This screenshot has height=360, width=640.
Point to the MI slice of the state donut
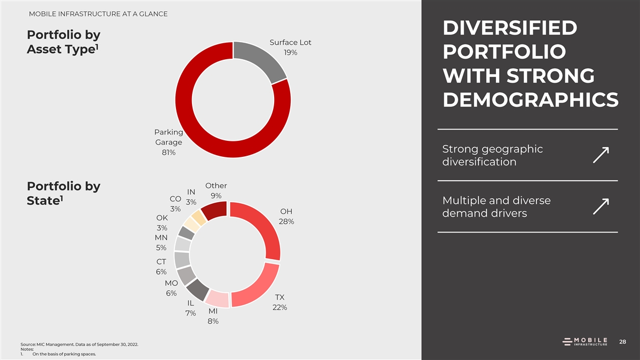[217, 299]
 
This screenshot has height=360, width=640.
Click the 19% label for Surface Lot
[291, 53]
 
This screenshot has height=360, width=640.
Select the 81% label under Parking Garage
[169, 153]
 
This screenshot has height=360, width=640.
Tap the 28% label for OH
[286, 221]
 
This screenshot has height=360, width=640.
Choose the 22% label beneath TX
[279, 308]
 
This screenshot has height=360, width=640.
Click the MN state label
[162, 237]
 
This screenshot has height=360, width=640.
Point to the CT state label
[162, 262]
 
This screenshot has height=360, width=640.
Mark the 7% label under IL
[190, 313]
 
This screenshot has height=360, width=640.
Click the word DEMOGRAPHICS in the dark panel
[530, 100]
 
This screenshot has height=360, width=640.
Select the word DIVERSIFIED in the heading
[509, 29]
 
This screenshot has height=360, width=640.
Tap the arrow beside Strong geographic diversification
[601, 155]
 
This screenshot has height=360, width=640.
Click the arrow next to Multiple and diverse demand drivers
[601, 207]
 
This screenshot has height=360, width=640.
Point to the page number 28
[622, 341]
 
